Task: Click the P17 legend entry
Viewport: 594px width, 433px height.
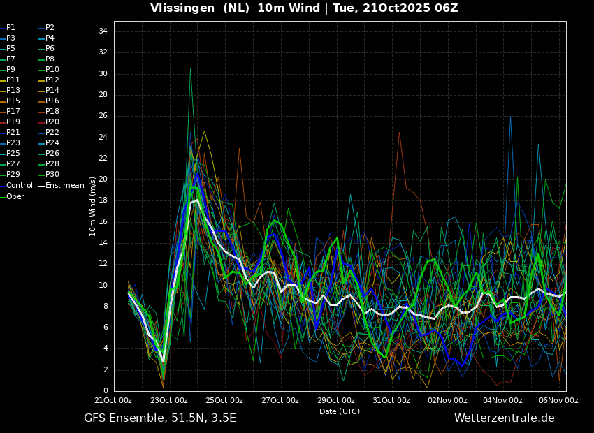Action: click(13, 112)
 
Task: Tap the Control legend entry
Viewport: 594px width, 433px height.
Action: click(20, 186)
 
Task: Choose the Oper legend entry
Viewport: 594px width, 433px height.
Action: click(15, 197)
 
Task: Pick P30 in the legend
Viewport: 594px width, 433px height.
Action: click(52, 175)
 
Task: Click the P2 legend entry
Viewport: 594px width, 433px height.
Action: click(50, 28)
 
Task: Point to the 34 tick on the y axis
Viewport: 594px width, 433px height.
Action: click(102, 31)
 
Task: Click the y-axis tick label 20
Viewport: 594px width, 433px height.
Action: click(102, 179)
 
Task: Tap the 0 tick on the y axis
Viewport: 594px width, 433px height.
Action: click(105, 390)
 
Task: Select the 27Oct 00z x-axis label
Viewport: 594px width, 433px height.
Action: click(280, 400)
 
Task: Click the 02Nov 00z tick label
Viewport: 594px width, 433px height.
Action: click(447, 400)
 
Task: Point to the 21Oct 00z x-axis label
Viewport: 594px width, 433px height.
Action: click(113, 400)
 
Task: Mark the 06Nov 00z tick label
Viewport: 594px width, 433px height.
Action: click(559, 400)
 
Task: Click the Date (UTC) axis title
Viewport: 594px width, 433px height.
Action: click(340, 411)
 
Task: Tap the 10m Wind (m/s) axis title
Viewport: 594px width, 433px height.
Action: click(93, 206)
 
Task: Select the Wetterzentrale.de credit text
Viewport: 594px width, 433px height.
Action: click(504, 418)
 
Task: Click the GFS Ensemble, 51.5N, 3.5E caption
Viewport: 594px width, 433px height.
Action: click(160, 418)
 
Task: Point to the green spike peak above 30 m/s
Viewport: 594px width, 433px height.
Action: click(190, 68)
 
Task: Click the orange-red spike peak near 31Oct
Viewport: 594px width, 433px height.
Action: click(399, 133)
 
